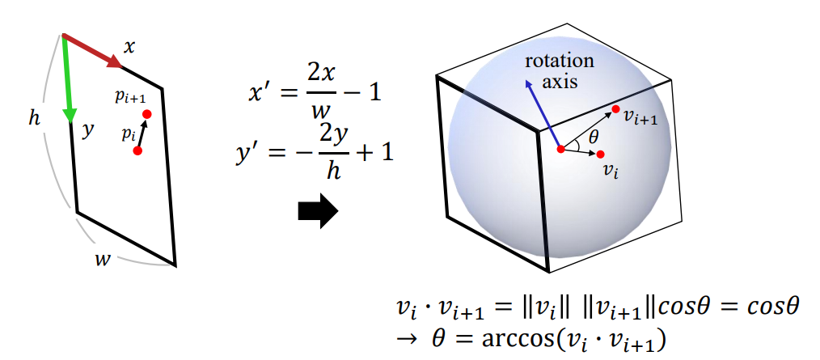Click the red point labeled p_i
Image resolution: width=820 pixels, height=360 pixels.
137,150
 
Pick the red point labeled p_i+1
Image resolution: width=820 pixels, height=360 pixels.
146,114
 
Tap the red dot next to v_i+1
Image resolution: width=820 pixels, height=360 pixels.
616,109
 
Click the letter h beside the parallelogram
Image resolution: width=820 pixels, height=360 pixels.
34,118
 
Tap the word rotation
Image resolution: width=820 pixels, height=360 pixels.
559,61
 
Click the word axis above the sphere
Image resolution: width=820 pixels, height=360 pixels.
559,81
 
